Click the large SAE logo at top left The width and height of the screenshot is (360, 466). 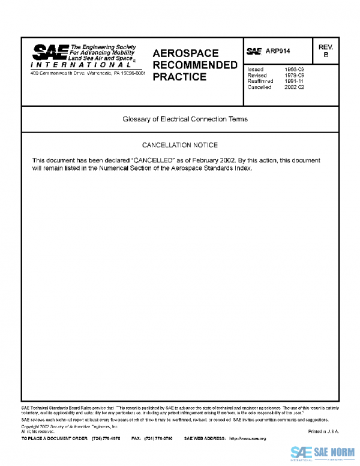pyautogui.click(x=50, y=52)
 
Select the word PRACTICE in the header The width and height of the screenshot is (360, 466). pyautogui.click(x=179, y=77)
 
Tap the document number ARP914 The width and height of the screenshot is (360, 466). pyautogui.click(x=277, y=52)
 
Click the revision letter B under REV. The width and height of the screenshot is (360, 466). pyautogui.click(x=326, y=55)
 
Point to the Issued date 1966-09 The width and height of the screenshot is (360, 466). pyautogui.click(x=294, y=70)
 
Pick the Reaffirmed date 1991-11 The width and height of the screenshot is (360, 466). pyautogui.click(x=294, y=81)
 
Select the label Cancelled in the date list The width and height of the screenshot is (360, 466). pyautogui.click(x=259, y=87)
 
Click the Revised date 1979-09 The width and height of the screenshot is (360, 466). pyautogui.click(x=294, y=76)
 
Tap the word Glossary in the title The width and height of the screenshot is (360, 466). pyautogui.click(x=137, y=119)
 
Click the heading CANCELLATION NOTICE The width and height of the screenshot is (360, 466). pyautogui.click(x=179, y=145)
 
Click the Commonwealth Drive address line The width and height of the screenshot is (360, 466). pyautogui.click(x=88, y=73)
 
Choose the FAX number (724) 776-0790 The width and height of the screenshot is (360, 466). pyautogui.click(x=158, y=439)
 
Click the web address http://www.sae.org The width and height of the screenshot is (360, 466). pyautogui.click(x=247, y=439)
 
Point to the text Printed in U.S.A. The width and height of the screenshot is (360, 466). pyautogui.click(x=324, y=431)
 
